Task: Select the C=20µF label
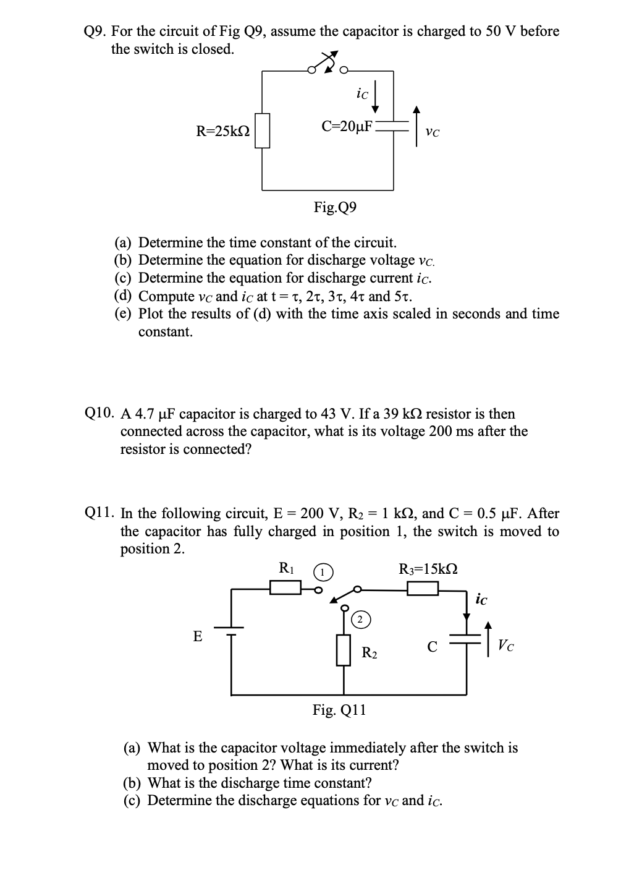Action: (348, 126)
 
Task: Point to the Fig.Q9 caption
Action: (335, 207)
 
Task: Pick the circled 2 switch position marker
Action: (361, 618)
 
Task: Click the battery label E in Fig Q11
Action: (198, 636)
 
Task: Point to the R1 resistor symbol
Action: (285, 587)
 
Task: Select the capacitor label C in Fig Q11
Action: (433, 647)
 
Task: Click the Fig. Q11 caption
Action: (339, 710)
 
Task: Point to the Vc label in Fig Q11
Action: (505, 646)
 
